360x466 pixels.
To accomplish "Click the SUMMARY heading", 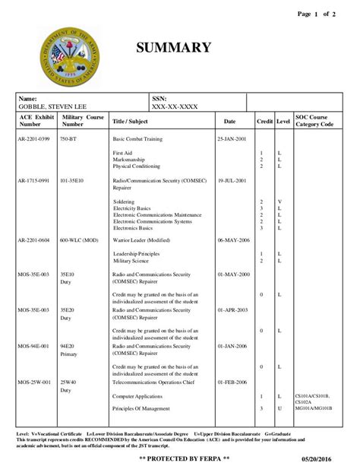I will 173,48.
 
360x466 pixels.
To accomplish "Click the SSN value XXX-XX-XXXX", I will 175,107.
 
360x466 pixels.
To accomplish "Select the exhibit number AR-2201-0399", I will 33,140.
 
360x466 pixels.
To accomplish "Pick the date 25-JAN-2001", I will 232,140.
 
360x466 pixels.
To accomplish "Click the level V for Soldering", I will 279,201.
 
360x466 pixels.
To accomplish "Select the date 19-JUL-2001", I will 232,181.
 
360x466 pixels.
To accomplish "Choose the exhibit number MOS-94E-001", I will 34,346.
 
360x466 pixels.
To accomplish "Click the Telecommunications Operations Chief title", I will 156,382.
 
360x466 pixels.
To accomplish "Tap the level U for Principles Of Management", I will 279,409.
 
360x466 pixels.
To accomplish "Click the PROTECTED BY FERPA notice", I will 179,459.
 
